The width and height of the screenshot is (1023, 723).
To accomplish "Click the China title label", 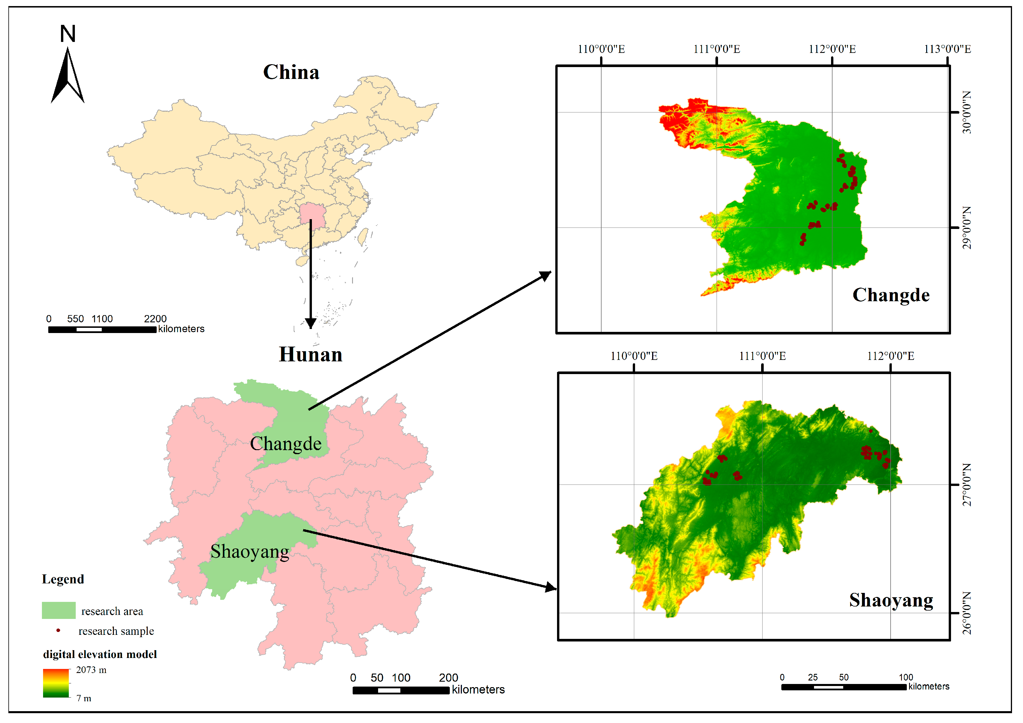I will click(291, 72).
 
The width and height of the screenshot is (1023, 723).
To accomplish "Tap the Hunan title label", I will click(310, 355).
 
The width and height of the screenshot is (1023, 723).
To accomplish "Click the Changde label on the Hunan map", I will click(286, 444).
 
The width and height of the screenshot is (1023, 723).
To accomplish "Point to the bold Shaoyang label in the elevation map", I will click(891, 600).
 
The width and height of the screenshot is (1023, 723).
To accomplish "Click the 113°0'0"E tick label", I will click(947, 49).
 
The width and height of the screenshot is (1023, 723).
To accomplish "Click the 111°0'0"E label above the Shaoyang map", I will click(762, 356).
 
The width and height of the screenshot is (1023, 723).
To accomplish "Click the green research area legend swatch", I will click(58, 610).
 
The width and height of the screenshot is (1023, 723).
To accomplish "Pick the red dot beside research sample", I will click(58, 630).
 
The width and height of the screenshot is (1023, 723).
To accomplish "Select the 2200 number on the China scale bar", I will click(155, 319).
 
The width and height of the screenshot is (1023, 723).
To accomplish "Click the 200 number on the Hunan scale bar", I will click(448, 678).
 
